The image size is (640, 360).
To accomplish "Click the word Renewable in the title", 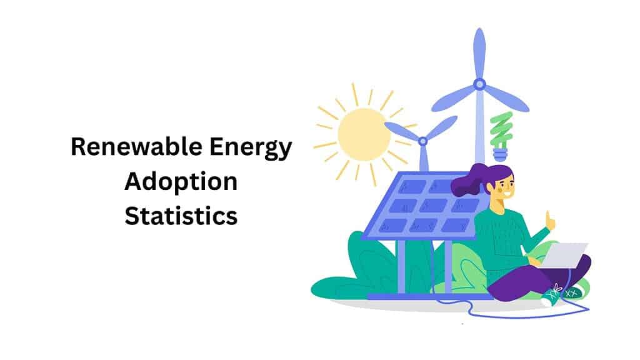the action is [x=136, y=146].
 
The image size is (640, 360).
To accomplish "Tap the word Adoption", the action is [x=181, y=182].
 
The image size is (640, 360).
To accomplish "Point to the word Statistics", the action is [x=181, y=216].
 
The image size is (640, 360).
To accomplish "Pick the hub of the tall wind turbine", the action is [x=479, y=84].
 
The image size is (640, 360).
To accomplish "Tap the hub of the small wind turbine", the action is [x=423, y=141].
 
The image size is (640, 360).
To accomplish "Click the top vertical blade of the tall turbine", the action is [x=479, y=52].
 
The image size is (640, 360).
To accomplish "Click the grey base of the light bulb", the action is [x=501, y=154].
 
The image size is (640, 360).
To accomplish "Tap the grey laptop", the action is [x=564, y=256].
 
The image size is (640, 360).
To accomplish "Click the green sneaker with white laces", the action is [x=554, y=296].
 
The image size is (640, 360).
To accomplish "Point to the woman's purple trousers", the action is [x=535, y=279].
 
